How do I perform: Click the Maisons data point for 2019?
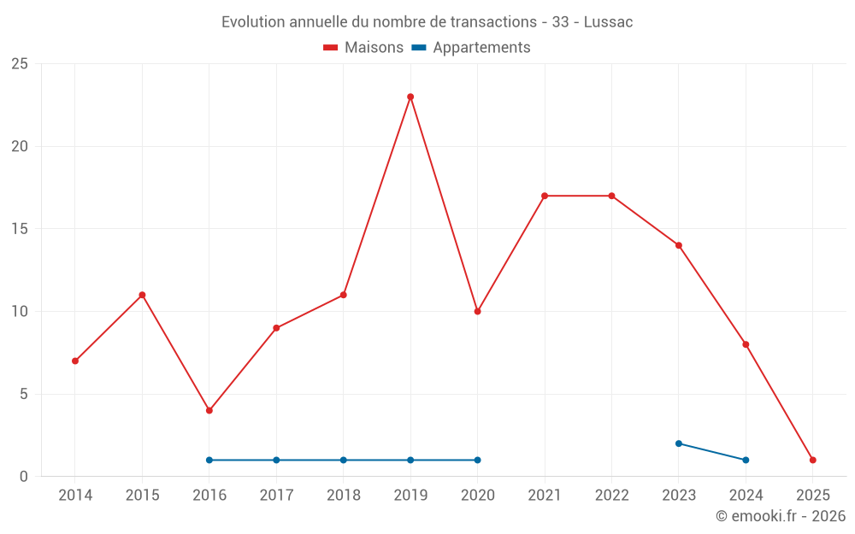[410, 97]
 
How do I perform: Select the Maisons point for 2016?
[209, 410]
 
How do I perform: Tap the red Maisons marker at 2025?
[812, 460]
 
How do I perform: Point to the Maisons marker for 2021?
[545, 196]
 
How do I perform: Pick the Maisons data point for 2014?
[75, 361]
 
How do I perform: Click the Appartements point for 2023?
[679, 443]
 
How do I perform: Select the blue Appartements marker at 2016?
[209, 460]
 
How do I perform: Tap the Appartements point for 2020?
[477, 460]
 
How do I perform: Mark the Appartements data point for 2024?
[746, 460]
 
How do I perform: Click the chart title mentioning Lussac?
[427, 22]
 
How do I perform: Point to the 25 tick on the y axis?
[20, 64]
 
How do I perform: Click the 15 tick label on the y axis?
[20, 229]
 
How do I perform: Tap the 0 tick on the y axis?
[24, 477]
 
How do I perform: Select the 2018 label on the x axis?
[344, 495]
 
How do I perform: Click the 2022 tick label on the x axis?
[611, 495]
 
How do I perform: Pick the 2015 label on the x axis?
[142, 495]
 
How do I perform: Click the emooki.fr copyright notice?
[780, 516]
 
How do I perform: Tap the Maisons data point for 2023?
[679, 245]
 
